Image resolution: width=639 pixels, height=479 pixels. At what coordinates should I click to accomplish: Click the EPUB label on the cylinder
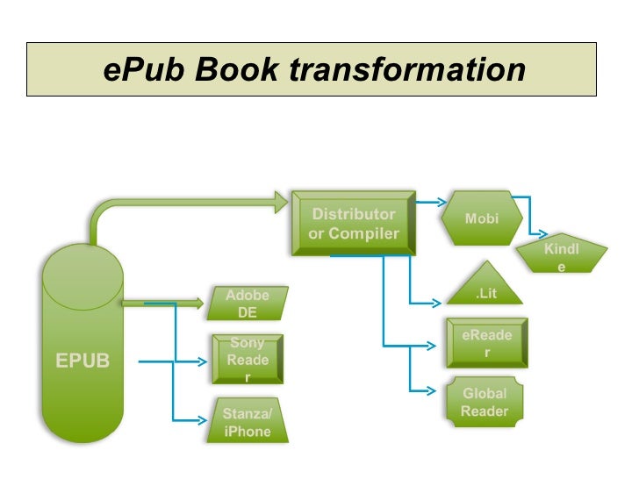pyautogui.click(x=83, y=361)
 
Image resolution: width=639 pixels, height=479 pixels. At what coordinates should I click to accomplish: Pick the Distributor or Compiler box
pyautogui.click(x=354, y=224)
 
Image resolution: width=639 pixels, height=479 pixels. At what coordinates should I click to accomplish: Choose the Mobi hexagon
pyautogui.click(x=482, y=218)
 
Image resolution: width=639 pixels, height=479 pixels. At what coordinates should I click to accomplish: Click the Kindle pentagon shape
pyautogui.click(x=561, y=255)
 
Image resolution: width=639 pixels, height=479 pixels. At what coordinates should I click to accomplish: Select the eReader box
pyautogui.click(x=486, y=342)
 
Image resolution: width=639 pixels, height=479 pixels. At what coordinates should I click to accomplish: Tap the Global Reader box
pyautogui.click(x=485, y=402)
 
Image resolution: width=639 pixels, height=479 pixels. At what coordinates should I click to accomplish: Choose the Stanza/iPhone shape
pyautogui.click(x=248, y=421)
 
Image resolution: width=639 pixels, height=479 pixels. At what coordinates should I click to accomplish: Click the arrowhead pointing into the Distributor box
pyautogui.click(x=282, y=201)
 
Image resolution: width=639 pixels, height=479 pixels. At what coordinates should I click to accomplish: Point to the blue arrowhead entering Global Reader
pyautogui.click(x=430, y=390)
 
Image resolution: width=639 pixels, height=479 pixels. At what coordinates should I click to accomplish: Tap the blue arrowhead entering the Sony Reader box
pyautogui.click(x=205, y=360)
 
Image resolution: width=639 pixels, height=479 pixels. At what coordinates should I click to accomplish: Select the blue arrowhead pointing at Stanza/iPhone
pyautogui.click(x=203, y=420)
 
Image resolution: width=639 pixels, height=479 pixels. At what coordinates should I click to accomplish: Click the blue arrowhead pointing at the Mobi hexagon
pyautogui.click(x=441, y=201)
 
